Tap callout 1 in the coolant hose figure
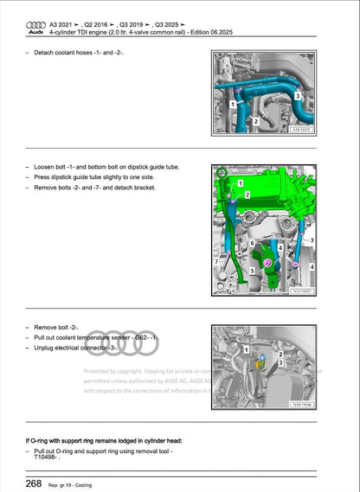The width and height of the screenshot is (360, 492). point(231,103)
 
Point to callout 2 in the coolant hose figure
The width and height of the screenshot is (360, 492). point(256,122)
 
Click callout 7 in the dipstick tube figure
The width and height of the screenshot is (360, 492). point(216,260)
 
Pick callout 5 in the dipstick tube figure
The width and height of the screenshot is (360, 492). point(251,272)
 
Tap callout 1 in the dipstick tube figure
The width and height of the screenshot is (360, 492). point(241,183)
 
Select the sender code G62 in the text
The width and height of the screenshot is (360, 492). point(138,337)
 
